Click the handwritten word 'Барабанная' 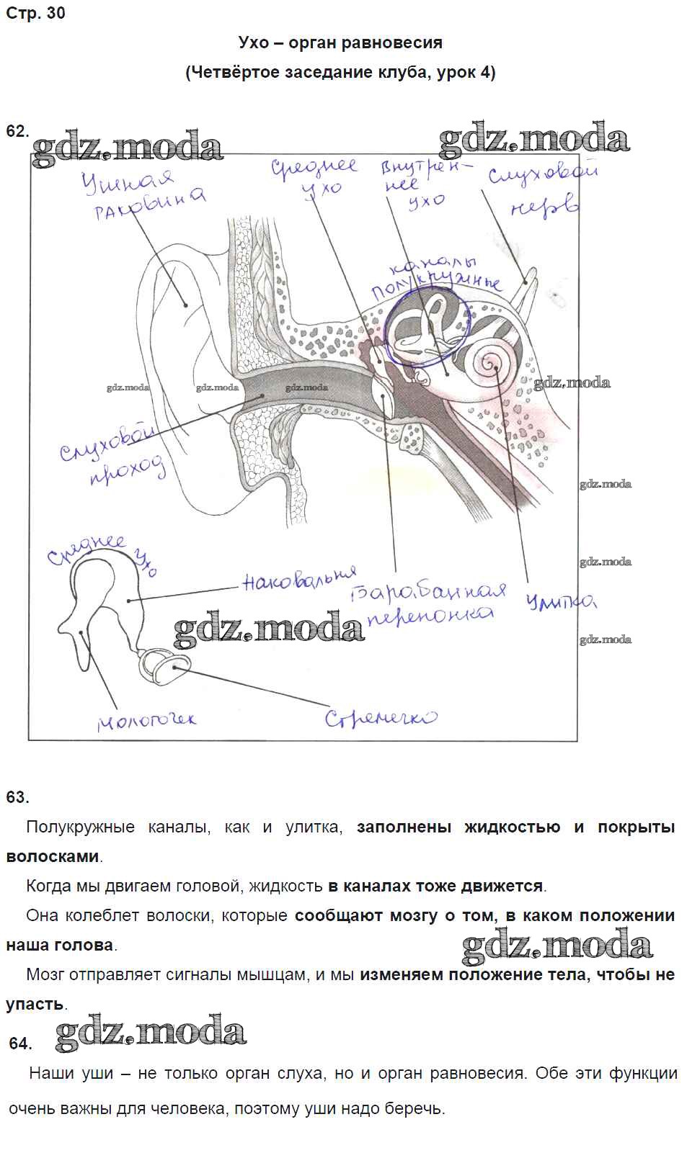point(427,593)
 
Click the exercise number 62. point(17,130)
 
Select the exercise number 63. point(17,797)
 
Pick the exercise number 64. point(21,1043)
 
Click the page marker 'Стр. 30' point(35,13)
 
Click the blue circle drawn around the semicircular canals point(427,327)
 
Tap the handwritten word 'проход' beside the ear point(128,472)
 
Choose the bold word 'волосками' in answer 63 point(53,857)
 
